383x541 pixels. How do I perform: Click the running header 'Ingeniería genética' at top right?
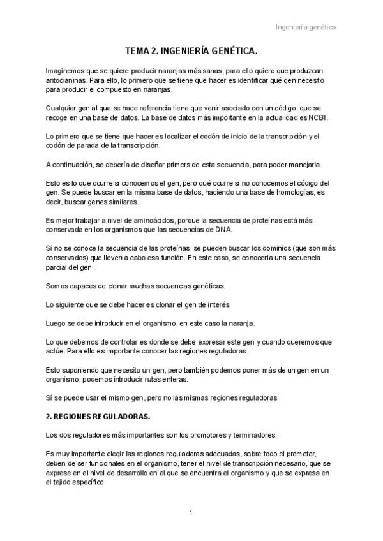306,27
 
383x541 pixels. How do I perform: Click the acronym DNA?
225,229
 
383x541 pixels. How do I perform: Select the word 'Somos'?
56,285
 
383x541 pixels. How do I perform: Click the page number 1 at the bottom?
190,512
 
